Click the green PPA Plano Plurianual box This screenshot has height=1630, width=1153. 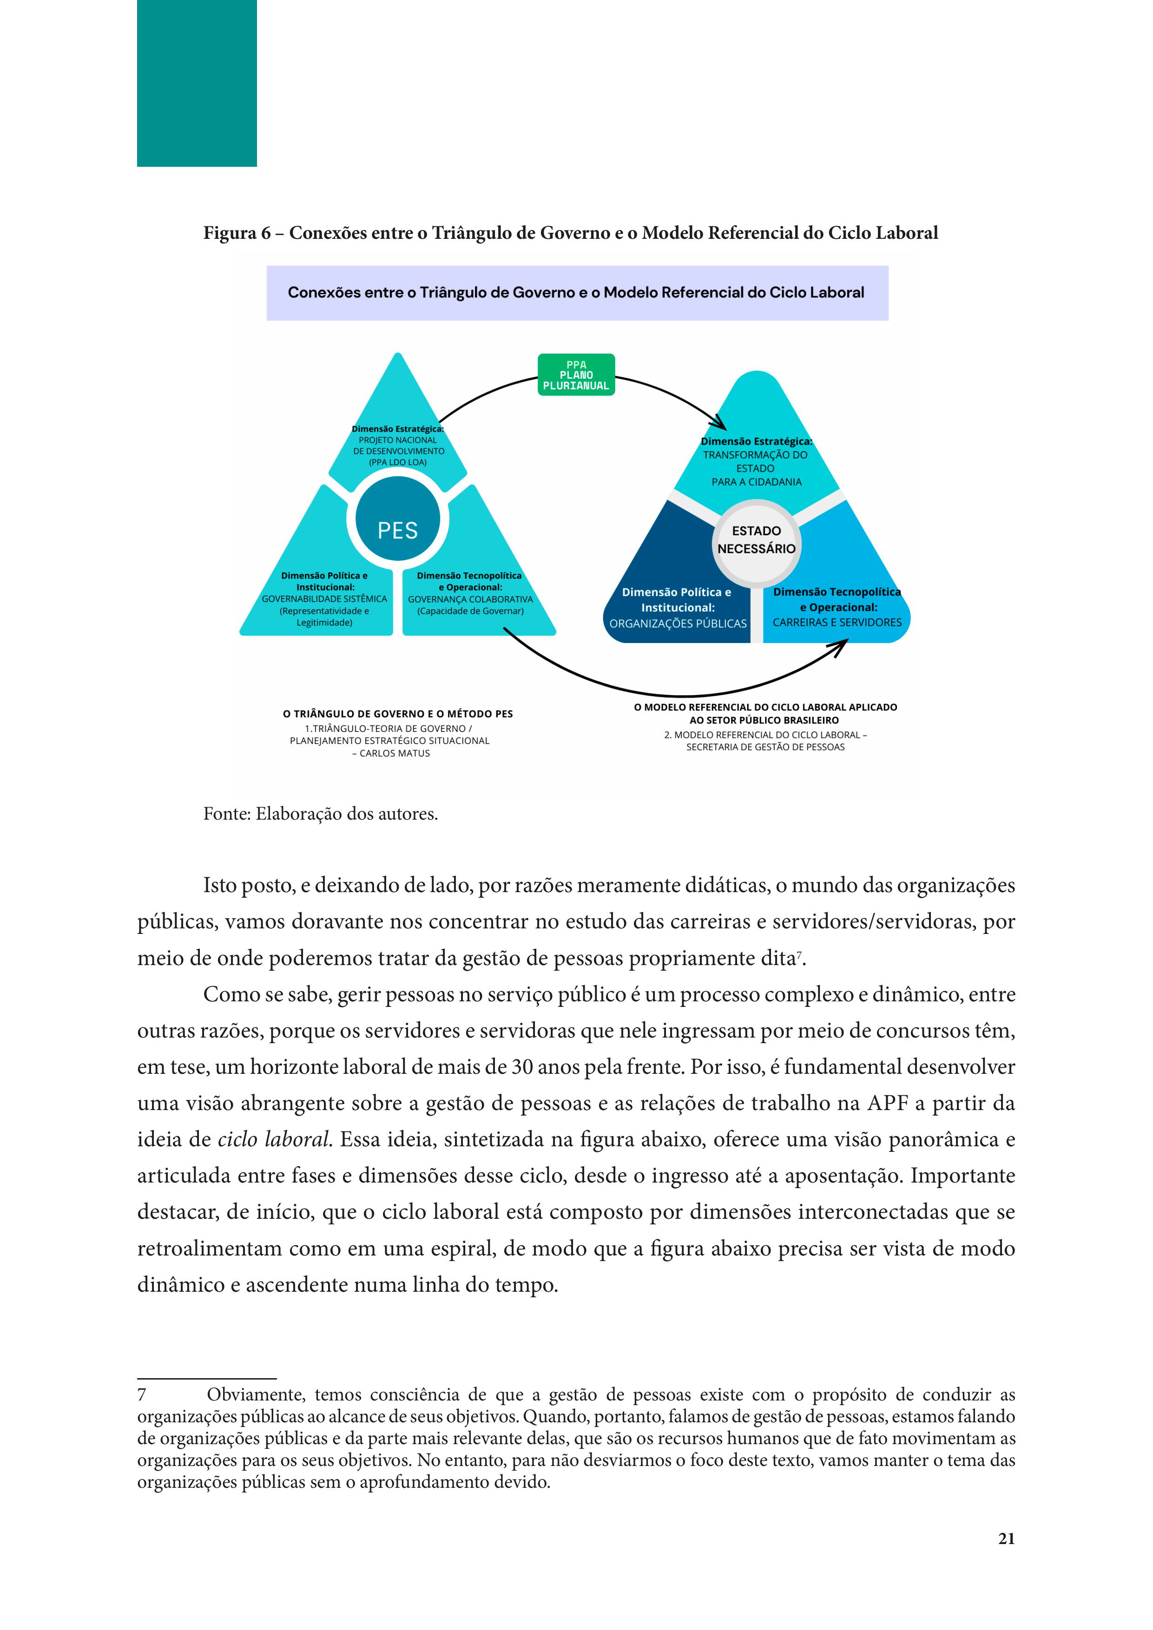576,375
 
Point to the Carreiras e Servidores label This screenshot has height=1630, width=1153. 837,623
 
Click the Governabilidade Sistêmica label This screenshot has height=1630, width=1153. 324,599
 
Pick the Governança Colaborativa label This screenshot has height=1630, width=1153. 470,600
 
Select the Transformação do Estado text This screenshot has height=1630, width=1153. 755,461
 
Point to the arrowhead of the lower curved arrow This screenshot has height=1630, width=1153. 841,645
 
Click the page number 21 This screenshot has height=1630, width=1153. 1006,1538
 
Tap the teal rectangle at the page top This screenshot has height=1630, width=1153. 197,83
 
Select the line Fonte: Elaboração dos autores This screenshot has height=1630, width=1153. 320,814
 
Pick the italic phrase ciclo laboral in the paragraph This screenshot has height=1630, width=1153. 273,1139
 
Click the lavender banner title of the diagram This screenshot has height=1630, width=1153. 576,292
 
